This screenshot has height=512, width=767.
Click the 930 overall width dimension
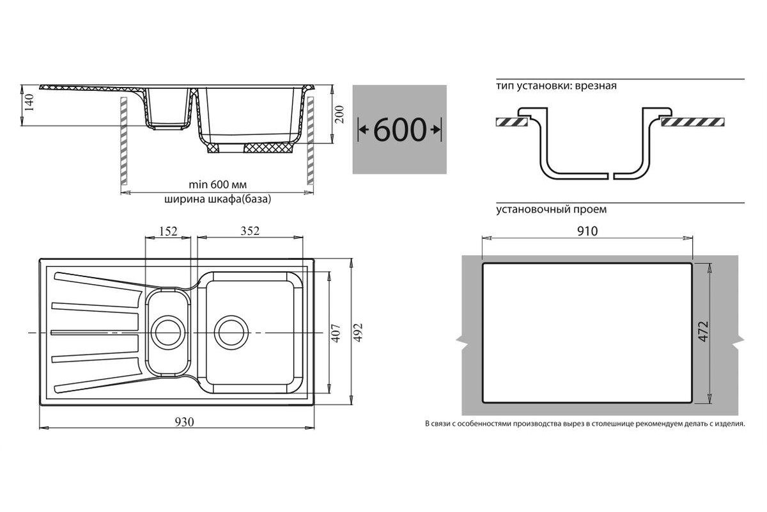[185, 422]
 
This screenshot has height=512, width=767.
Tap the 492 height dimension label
[358, 332]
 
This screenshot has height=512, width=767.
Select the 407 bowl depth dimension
[336, 333]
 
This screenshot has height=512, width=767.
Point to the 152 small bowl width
[168, 231]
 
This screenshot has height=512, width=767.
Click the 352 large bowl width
[250, 231]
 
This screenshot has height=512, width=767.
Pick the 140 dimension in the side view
[29, 102]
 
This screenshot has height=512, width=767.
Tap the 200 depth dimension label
[339, 114]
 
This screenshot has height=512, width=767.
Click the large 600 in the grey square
[400, 130]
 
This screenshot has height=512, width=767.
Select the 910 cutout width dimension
[587, 231]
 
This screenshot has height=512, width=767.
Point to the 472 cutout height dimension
[703, 332]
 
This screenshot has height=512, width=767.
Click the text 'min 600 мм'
[218, 185]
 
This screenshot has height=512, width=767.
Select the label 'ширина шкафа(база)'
[218, 199]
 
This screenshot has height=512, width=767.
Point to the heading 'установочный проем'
[551, 209]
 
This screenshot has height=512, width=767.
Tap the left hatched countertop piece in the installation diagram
[512, 122]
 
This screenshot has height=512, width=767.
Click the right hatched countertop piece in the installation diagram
[693, 122]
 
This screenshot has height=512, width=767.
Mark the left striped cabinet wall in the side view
[123, 141]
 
